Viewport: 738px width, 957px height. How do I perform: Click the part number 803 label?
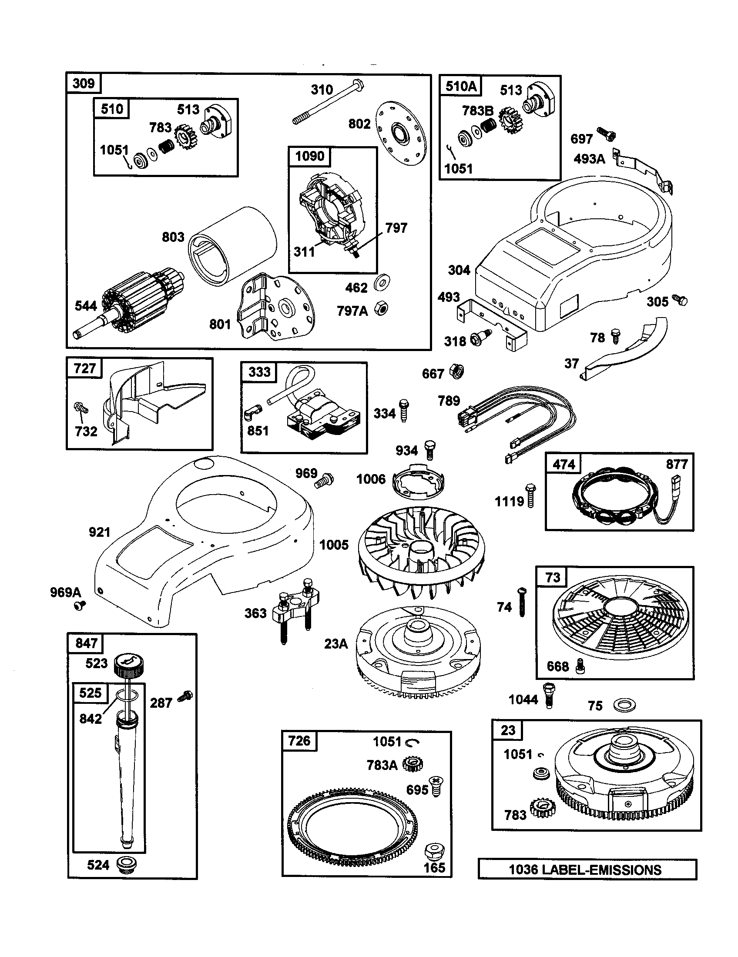pos(173,237)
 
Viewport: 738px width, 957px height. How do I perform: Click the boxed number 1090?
pos(309,157)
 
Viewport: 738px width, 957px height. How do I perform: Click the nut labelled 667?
pos(457,372)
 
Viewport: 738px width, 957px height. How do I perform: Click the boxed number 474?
pos(564,464)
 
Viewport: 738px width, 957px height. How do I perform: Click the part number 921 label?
pos(99,532)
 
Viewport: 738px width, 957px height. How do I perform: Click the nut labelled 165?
pos(433,851)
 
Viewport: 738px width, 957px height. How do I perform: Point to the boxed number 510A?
pos(460,86)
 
